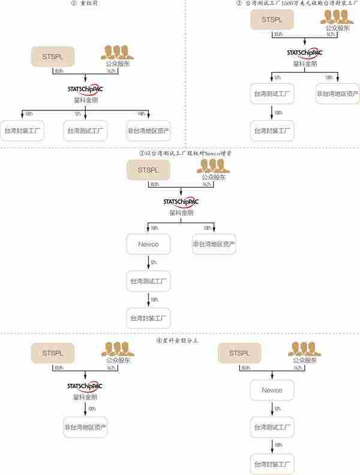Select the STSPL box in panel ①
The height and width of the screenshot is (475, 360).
click(x=52, y=57)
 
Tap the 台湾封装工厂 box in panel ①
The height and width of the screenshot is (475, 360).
click(x=22, y=130)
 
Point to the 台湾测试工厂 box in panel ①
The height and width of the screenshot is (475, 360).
click(x=85, y=130)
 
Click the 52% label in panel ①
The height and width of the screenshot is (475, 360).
click(x=78, y=113)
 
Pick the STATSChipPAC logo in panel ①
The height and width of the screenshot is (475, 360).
click(x=85, y=89)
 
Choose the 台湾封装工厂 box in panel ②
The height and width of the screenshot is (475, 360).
click(x=271, y=130)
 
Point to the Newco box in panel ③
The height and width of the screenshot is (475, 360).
click(x=148, y=244)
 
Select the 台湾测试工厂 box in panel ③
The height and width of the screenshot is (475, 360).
click(x=148, y=281)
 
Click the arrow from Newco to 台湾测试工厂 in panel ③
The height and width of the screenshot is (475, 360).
click(x=148, y=262)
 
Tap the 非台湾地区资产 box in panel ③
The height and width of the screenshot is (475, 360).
click(x=214, y=244)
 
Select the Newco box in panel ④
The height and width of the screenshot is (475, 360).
click(x=271, y=390)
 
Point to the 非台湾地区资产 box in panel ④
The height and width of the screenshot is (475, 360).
click(x=85, y=427)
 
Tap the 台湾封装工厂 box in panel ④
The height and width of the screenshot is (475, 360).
click(x=271, y=464)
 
